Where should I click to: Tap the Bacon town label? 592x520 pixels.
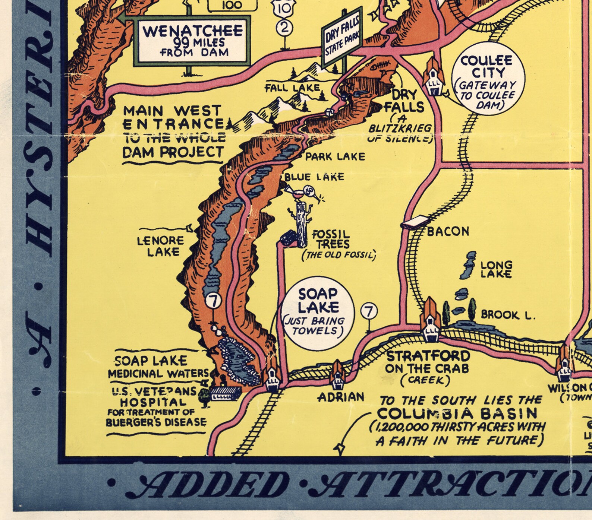coord(448,231)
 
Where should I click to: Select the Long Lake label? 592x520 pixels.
coord(496,269)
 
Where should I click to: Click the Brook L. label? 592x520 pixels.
coord(508,315)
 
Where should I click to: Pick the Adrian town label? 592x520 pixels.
coord(341,397)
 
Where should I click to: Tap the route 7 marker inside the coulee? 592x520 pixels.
coord(214,301)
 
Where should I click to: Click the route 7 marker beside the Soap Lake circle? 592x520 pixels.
coord(369,311)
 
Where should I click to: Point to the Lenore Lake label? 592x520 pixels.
coord(160,246)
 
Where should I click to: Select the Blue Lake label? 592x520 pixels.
coord(314,177)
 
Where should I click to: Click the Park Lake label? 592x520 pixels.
coord(335,156)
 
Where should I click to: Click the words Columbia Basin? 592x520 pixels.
coord(457,413)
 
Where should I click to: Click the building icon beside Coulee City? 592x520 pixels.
coord(434,77)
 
